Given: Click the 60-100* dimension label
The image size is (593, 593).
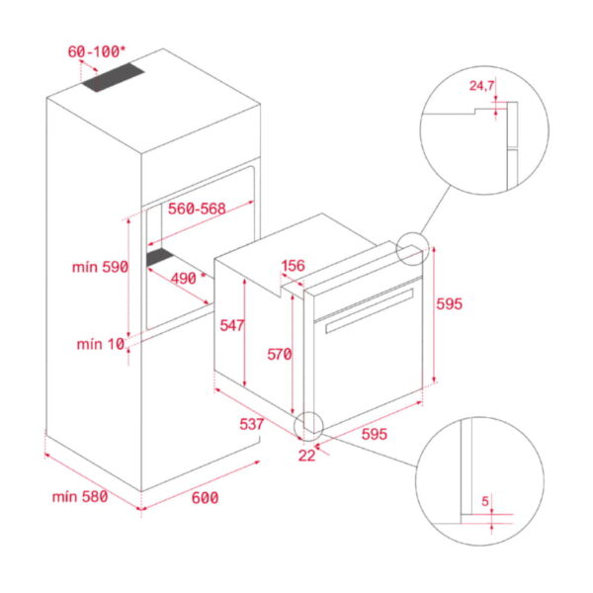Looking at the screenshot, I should pyautogui.click(x=96, y=50).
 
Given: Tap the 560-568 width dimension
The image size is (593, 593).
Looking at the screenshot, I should pyautogui.click(x=197, y=209).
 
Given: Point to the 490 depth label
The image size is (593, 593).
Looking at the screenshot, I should pyautogui.click(x=184, y=279).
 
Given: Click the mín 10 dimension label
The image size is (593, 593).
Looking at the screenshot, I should pyautogui.click(x=102, y=344).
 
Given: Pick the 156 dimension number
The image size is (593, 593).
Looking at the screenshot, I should pyautogui.click(x=294, y=266).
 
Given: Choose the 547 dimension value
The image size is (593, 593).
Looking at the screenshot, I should pyautogui.click(x=231, y=324).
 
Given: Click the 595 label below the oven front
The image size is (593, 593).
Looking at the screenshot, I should pyautogui.click(x=375, y=433).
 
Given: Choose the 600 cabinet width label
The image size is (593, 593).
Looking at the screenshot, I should pyautogui.click(x=204, y=497).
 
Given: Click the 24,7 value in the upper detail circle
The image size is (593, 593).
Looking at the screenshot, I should pyautogui.click(x=481, y=86).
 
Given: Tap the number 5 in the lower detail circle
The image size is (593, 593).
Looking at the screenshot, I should pyautogui.click(x=485, y=501).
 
